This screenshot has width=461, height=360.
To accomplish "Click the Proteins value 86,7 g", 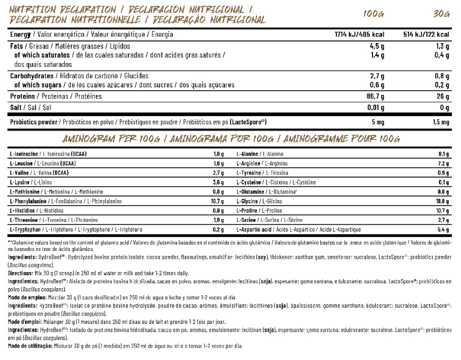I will pos(374,97).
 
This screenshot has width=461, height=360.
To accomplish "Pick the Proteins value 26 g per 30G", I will pos(443,97).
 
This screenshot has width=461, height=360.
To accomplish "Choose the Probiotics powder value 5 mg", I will pos(376,121).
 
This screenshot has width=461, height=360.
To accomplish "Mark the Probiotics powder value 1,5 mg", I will pos(439,121).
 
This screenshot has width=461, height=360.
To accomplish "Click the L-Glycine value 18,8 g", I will pos(444,201).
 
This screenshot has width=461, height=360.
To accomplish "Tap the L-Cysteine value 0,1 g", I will pos(445,182).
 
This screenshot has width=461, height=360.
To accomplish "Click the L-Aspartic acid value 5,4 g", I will pos(445,230).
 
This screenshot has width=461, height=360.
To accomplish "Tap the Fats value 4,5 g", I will pos(376,46).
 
